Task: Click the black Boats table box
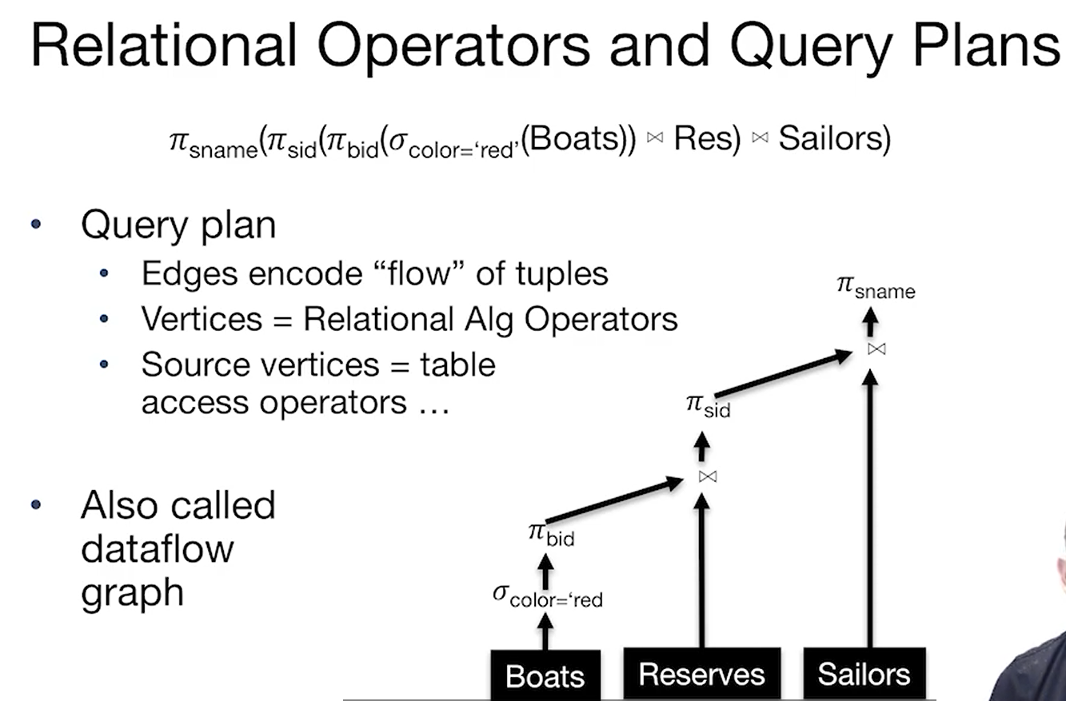[545, 675]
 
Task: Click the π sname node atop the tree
[876, 287]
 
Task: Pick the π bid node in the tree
[551, 534]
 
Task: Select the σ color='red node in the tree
[547, 596]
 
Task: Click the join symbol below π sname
[876, 349]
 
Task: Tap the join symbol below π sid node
[707, 476]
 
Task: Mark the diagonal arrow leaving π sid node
[784, 374]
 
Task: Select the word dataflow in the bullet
[157, 549]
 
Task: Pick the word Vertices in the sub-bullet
[201, 319]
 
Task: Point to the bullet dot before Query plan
[35, 225]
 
